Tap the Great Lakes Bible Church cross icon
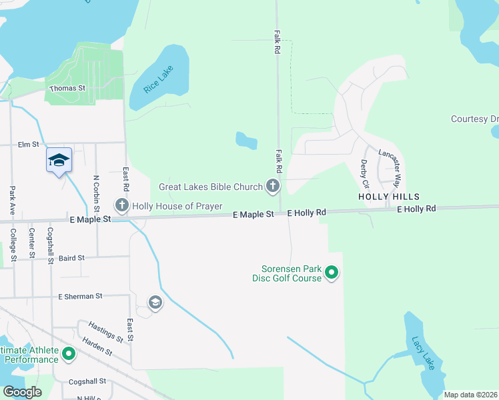272,186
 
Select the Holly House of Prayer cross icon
121,205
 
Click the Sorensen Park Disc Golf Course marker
332,273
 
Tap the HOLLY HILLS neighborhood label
389,197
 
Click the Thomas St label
68,88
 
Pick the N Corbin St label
96,190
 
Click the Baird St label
71,257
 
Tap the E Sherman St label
80,296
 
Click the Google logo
22,392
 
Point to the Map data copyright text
470,395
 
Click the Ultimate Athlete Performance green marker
69,354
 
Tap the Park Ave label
12,199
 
